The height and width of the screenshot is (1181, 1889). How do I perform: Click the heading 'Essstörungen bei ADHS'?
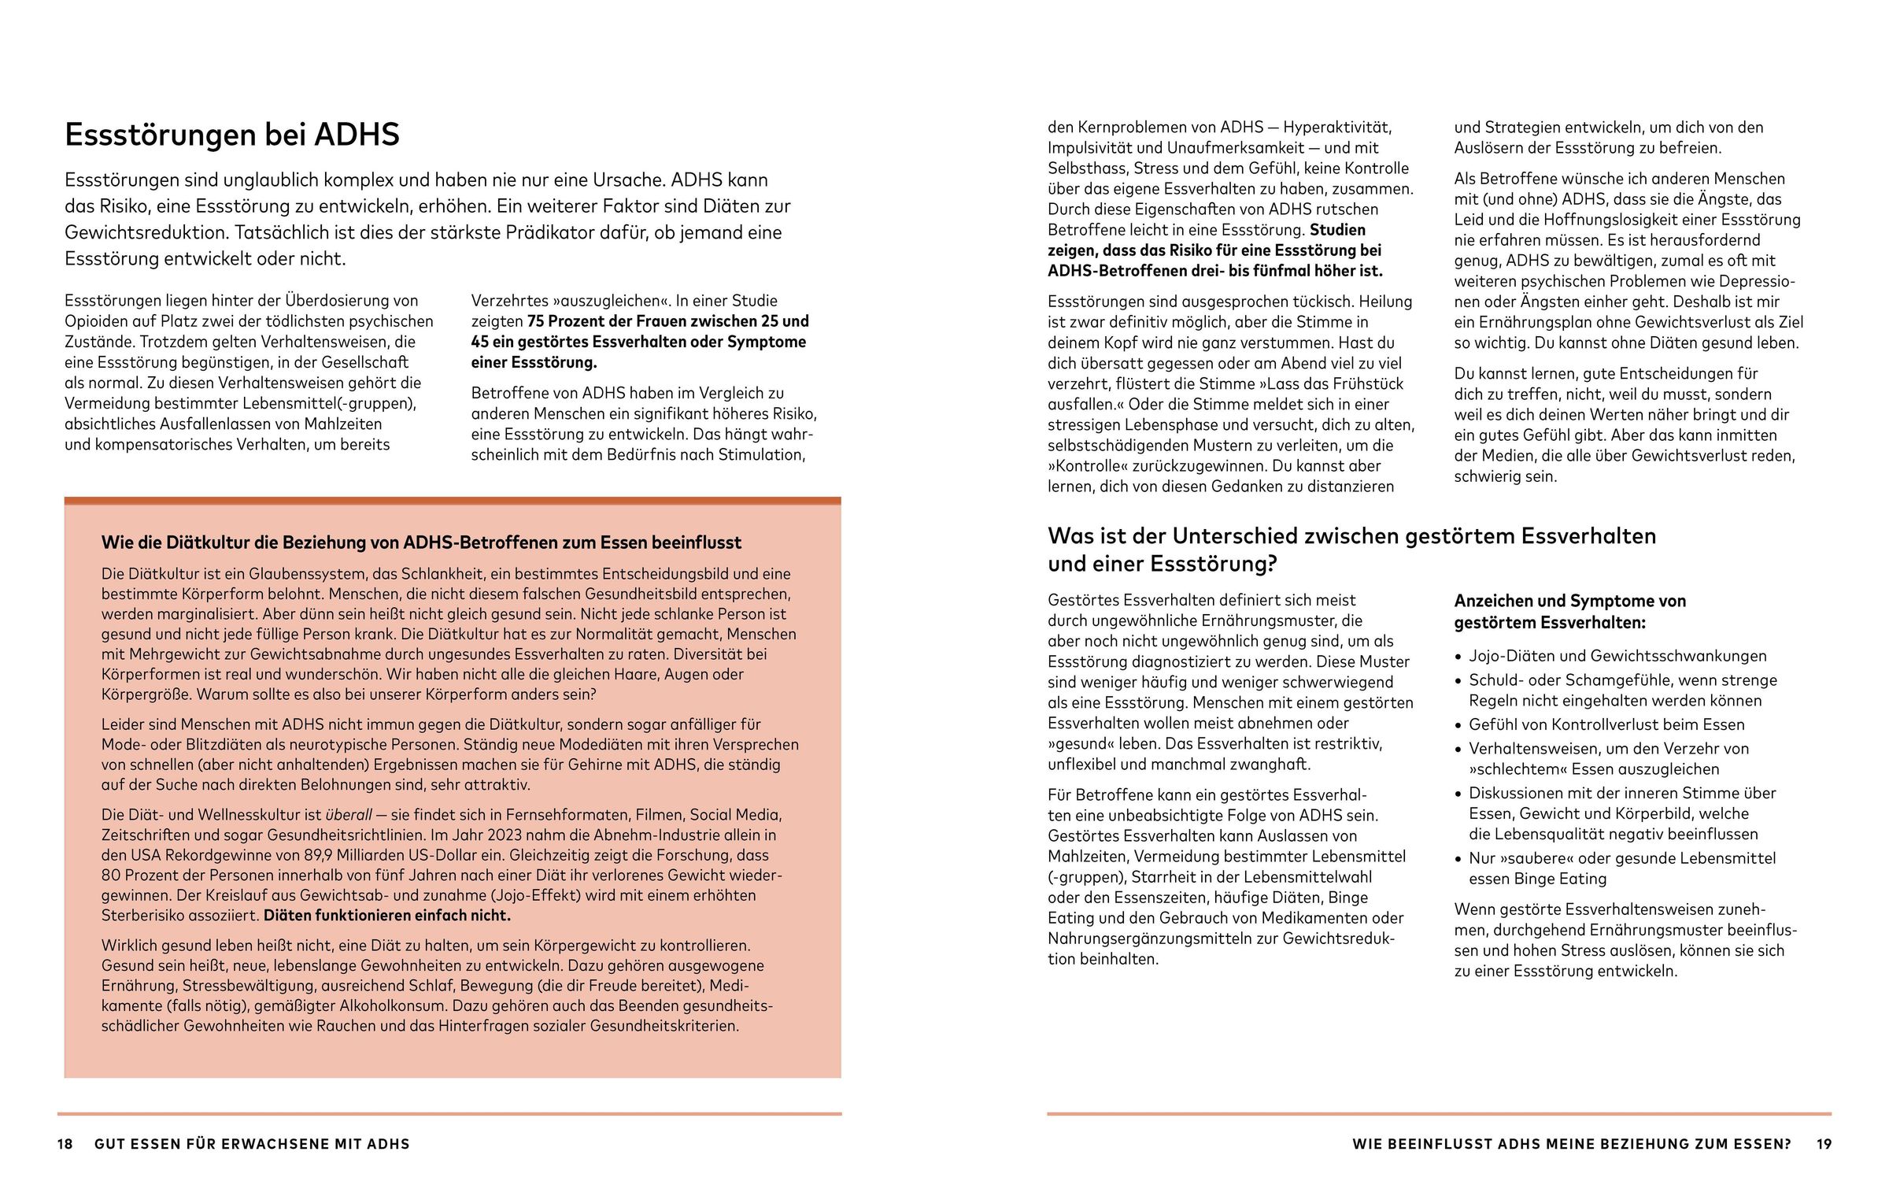(231, 135)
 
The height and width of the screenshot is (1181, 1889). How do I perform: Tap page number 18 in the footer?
(65, 1144)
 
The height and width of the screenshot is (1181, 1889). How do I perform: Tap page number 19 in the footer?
(1824, 1144)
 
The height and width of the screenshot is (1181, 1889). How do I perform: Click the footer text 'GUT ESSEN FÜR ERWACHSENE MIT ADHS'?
(252, 1144)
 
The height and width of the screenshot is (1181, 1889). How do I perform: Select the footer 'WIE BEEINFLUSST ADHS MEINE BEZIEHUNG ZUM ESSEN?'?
(1572, 1144)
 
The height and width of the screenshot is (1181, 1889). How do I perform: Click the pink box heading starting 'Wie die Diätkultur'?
(421, 542)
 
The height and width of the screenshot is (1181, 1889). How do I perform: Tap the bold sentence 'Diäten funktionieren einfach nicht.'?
(387, 916)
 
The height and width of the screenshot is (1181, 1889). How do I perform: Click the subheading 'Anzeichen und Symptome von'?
(1569, 602)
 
